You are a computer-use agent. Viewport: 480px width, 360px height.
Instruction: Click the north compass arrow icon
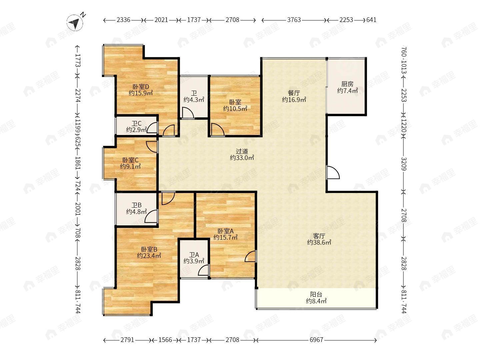coord(75,22)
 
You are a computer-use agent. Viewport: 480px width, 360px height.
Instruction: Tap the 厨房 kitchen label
coord(347,84)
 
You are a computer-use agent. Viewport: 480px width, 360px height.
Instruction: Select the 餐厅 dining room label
coord(294,93)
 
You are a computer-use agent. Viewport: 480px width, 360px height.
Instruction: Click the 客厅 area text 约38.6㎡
coord(319,242)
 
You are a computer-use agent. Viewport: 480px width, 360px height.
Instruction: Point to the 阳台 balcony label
coord(316,294)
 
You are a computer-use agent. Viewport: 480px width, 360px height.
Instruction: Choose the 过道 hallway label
coord(242,151)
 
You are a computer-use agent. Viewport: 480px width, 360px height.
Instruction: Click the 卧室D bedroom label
coord(141,87)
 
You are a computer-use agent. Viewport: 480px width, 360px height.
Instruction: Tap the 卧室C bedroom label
coord(130,160)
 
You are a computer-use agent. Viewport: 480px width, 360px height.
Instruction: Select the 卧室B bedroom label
coord(149,249)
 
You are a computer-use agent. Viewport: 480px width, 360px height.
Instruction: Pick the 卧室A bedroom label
coord(225,231)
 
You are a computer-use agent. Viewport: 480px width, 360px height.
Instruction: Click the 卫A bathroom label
coord(194,255)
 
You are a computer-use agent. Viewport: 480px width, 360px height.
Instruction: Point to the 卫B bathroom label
coord(136,205)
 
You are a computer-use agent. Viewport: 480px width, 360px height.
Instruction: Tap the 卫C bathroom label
coord(136,124)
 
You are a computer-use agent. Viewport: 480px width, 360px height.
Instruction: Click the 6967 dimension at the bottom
coord(316,340)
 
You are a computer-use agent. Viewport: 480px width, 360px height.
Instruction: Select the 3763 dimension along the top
coord(294,20)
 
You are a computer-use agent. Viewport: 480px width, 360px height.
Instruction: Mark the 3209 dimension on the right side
coord(404,164)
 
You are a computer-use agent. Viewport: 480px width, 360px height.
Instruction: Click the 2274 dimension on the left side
coord(78,96)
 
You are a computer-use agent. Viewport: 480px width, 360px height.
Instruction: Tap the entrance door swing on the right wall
coord(333,172)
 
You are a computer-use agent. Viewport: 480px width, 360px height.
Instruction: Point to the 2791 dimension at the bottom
coord(127,340)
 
